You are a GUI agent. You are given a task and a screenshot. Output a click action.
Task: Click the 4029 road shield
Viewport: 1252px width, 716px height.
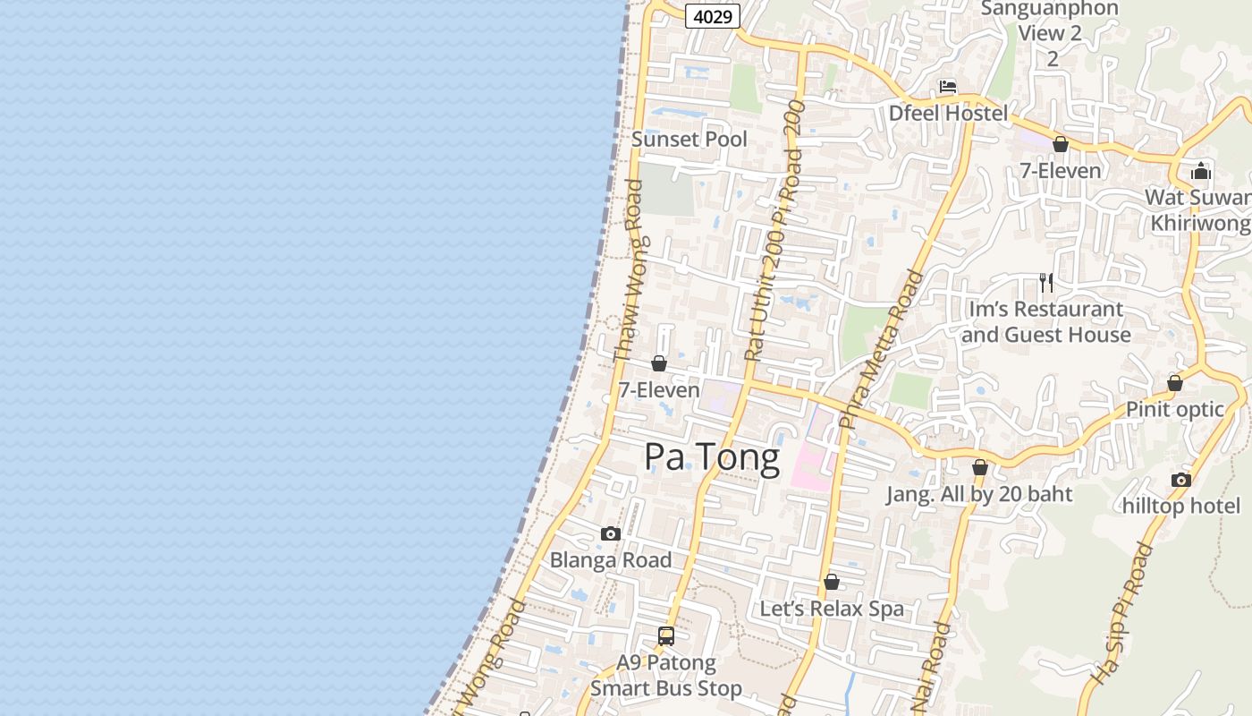pyautogui.click(x=713, y=15)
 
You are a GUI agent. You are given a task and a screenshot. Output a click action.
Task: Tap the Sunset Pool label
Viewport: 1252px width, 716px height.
pyautogui.click(x=689, y=139)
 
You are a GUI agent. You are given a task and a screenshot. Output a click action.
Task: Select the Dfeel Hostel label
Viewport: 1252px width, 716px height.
pyautogui.click(x=948, y=113)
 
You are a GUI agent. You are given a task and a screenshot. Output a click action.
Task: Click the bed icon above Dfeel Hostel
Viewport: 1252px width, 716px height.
pyautogui.click(x=948, y=87)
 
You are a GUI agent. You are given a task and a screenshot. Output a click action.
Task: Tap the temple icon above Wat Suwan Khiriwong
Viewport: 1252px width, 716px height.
pyautogui.click(x=1201, y=170)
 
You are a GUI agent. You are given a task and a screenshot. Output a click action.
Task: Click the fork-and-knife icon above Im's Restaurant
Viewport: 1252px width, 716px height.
pyautogui.click(x=1045, y=283)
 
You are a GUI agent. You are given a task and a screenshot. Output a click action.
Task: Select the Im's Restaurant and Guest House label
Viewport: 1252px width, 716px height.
pyautogui.click(x=1045, y=322)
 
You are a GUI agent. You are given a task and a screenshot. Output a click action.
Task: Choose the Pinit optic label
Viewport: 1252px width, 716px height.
pyautogui.click(x=1174, y=409)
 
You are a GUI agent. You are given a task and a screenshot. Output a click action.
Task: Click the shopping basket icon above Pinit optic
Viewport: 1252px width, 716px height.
pyautogui.click(x=1175, y=383)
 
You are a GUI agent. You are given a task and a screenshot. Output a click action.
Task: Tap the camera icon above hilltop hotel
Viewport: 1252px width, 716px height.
pyautogui.click(x=1180, y=480)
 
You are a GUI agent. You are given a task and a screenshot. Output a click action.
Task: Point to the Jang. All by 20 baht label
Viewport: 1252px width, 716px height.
pyautogui.click(x=979, y=494)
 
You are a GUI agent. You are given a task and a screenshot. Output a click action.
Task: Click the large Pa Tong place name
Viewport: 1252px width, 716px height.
pyautogui.click(x=712, y=456)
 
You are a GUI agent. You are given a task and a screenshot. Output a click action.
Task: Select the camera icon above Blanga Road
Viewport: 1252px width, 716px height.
pyautogui.click(x=611, y=533)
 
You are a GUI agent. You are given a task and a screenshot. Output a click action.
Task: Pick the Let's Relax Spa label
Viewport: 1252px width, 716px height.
pyautogui.click(x=832, y=609)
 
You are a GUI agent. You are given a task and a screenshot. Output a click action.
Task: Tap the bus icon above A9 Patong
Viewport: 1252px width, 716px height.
pyautogui.click(x=666, y=636)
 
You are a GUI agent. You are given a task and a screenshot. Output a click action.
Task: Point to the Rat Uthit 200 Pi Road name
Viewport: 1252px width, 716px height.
pyautogui.click(x=774, y=230)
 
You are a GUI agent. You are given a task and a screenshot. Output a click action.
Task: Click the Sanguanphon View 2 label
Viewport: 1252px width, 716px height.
pyautogui.click(x=1050, y=33)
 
